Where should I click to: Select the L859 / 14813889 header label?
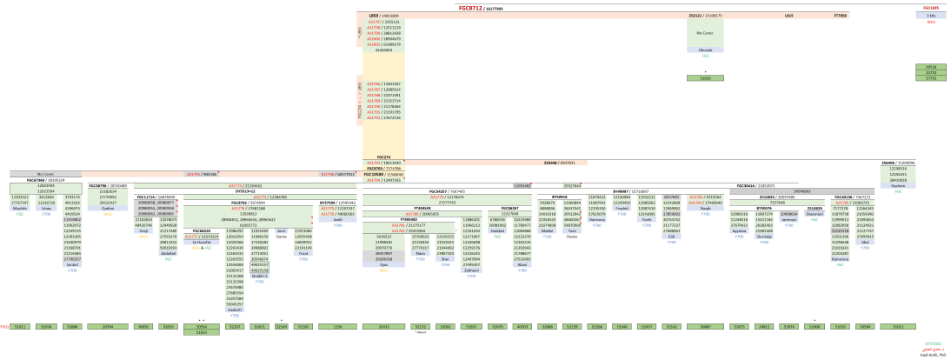376,16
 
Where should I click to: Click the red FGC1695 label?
931,8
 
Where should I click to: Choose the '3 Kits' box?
931,16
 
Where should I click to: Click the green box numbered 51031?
705,78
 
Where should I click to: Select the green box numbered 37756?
930,78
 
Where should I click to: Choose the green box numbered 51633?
202,332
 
